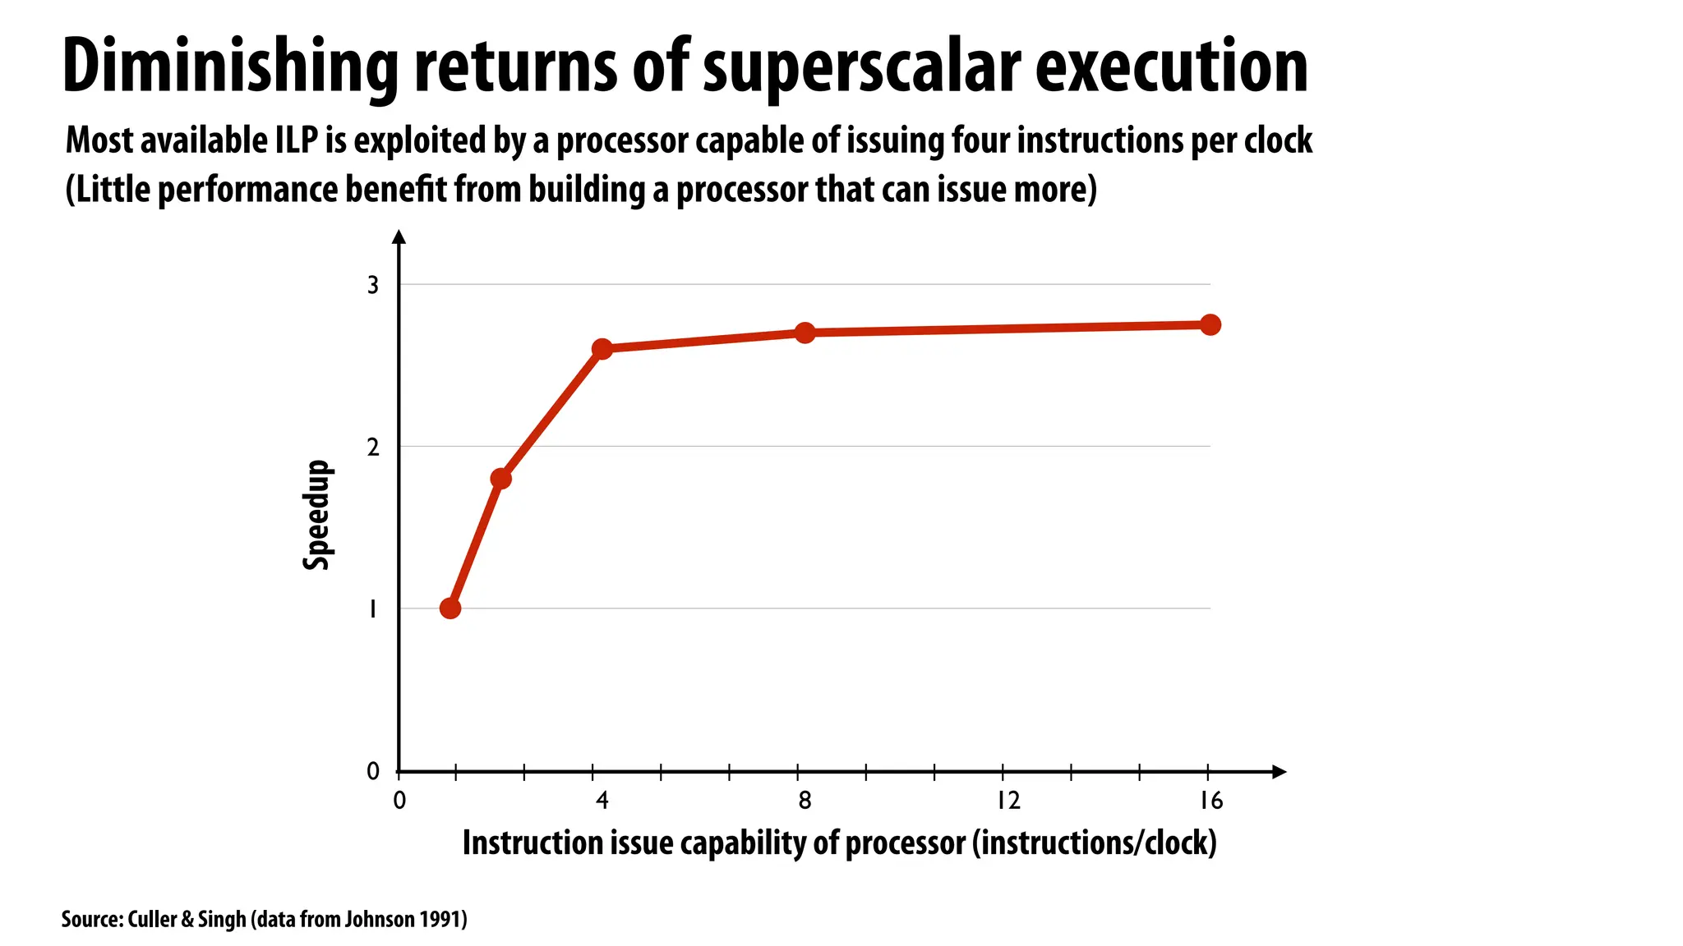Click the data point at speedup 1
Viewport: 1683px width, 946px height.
click(450, 608)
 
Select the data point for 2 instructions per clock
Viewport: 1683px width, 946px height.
click(500, 479)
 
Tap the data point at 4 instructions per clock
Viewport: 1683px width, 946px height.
click(602, 349)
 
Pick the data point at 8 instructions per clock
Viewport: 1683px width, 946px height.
click(805, 333)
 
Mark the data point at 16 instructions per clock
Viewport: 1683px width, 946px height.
click(1210, 324)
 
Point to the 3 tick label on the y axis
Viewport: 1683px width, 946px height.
click(373, 285)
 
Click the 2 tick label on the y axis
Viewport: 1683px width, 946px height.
click(373, 448)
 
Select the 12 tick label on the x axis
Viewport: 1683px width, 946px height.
click(1008, 800)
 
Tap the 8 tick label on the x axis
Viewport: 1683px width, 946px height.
click(805, 800)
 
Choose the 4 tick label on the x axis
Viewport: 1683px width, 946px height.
click(602, 800)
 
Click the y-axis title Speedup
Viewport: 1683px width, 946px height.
click(316, 515)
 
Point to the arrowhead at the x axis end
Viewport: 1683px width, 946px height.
click(1279, 772)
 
